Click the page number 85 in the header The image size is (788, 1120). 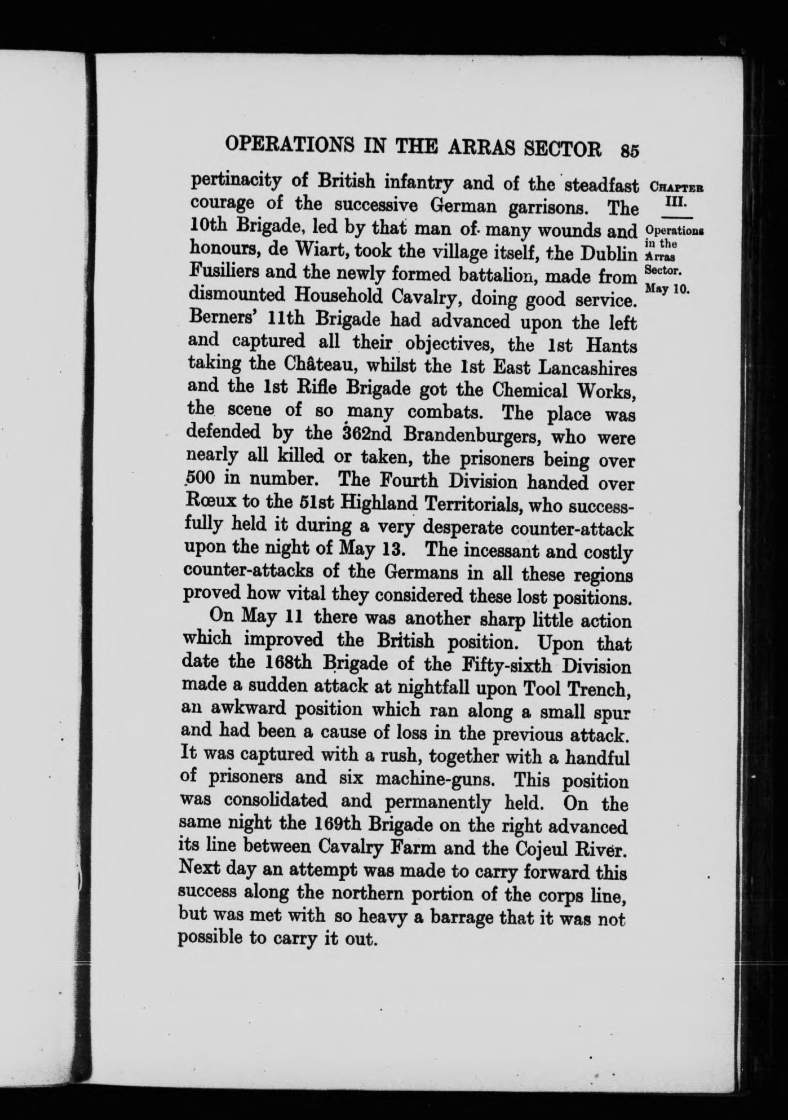point(628,150)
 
